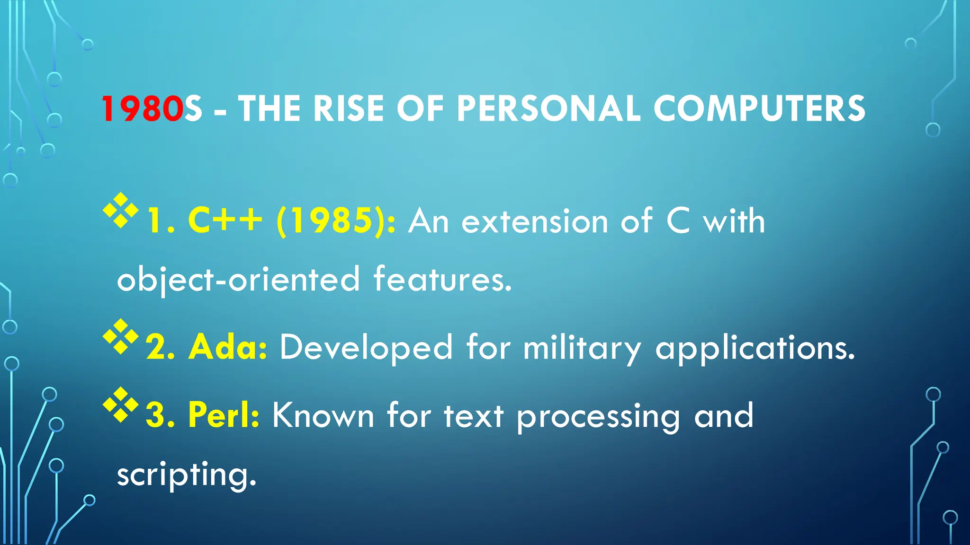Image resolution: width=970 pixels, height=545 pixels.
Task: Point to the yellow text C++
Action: [x=225, y=221]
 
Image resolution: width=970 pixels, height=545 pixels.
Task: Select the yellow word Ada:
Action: [x=228, y=348]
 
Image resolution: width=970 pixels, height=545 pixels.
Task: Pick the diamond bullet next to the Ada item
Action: [x=121, y=336]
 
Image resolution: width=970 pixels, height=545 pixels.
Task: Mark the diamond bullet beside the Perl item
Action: [x=121, y=404]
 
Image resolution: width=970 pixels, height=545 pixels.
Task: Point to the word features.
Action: [x=443, y=279]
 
